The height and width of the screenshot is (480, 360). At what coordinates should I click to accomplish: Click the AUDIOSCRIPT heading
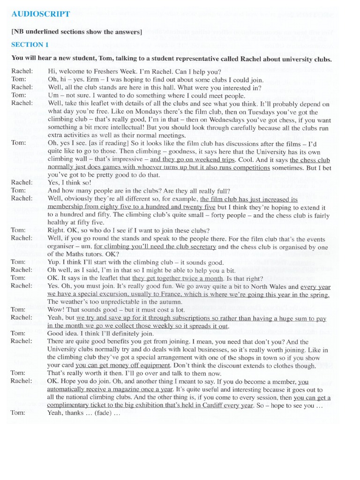[41, 14]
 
